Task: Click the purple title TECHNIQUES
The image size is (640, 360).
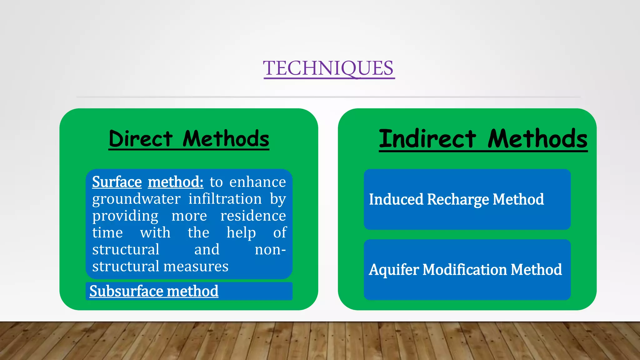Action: click(329, 68)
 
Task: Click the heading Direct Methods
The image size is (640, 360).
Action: click(189, 139)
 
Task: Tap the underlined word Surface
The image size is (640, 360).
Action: click(117, 182)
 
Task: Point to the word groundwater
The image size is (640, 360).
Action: click(136, 199)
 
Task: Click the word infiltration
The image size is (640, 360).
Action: click(225, 199)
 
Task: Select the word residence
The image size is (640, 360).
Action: click(253, 216)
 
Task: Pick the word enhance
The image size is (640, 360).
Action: click(257, 182)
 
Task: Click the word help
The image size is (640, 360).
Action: click(241, 233)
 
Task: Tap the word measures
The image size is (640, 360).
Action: click(196, 267)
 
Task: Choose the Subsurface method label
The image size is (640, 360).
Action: click(154, 291)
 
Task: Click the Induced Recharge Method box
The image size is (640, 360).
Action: click(467, 199)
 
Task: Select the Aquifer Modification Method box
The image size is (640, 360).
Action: click(467, 270)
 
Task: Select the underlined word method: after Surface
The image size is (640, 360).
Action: click(176, 182)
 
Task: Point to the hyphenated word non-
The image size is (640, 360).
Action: click(270, 250)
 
